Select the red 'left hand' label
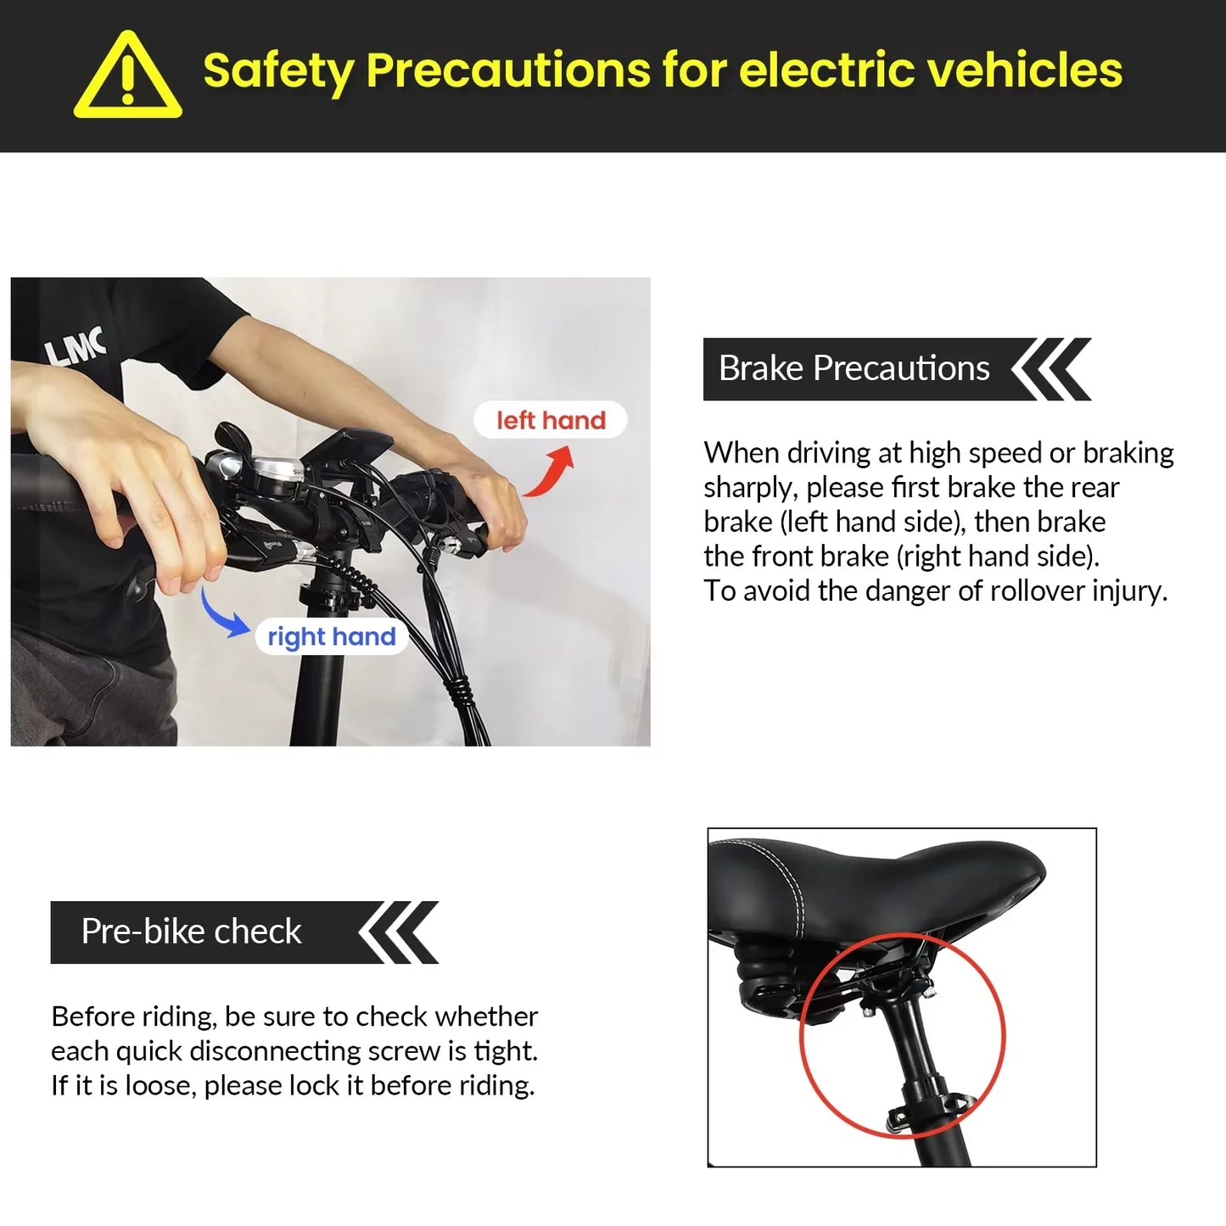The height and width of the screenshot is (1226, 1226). (x=551, y=420)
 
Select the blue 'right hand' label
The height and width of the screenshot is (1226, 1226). (x=332, y=636)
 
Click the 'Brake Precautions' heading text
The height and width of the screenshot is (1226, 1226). (x=854, y=368)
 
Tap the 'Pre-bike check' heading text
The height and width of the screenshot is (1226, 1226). (x=191, y=932)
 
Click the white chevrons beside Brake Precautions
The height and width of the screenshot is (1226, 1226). (x=1050, y=369)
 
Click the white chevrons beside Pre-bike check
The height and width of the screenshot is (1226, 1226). (x=398, y=932)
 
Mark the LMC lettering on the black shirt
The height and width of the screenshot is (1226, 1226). (x=76, y=347)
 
